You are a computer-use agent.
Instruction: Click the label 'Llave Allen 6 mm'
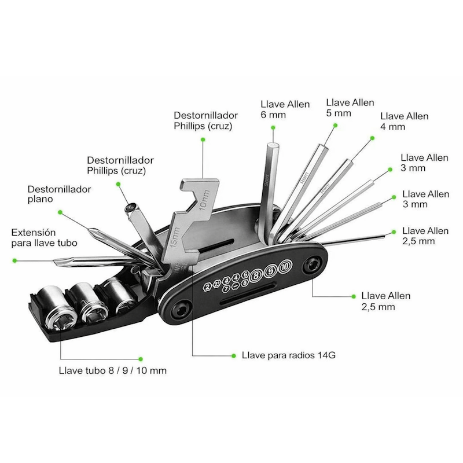click(285, 109)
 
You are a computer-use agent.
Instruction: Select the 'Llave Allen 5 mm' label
click(350, 108)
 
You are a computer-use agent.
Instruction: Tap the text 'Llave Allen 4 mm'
click(404, 121)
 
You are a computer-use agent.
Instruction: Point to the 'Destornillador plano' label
click(59, 194)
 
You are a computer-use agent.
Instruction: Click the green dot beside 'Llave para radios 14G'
click(233, 354)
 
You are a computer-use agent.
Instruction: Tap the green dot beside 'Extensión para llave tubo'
click(15, 260)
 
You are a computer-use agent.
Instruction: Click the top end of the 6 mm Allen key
click(273, 132)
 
